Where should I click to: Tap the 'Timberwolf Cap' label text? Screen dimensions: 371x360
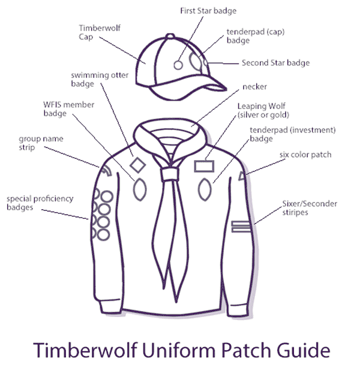pyautogui.click(x=94, y=31)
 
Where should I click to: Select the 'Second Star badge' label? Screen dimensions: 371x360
pyautogui.click(x=275, y=62)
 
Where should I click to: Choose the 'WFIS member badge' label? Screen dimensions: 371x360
pyautogui.click(x=65, y=108)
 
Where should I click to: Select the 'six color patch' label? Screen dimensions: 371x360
pyautogui.click(x=305, y=155)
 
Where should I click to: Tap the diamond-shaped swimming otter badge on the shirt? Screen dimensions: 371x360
pyautogui.click(x=137, y=164)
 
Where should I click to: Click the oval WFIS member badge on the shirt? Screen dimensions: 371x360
pyautogui.click(x=139, y=189)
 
